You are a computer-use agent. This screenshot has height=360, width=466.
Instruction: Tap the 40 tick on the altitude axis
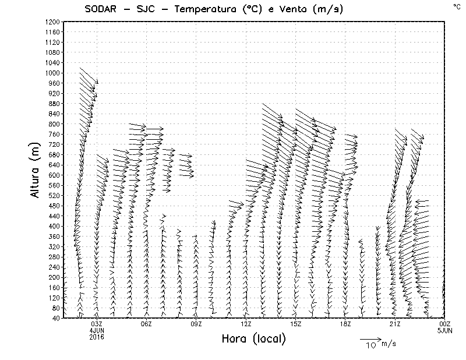[x=55, y=318]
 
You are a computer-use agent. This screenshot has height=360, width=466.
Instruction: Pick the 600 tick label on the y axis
[x=54, y=175]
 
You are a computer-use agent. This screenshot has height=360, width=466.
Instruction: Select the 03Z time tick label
[x=97, y=324]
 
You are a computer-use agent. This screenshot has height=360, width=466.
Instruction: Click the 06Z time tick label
[x=146, y=324]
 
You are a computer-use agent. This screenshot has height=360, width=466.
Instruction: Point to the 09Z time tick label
[x=196, y=324]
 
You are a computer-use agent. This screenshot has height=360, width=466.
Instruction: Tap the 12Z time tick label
[x=246, y=324]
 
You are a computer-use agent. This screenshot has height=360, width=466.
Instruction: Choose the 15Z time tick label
[x=295, y=324]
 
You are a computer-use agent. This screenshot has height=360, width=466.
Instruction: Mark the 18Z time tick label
[x=345, y=324]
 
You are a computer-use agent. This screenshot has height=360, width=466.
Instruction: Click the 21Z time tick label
[x=395, y=324]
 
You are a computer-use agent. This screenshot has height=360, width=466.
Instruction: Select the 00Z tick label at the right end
[x=444, y=324]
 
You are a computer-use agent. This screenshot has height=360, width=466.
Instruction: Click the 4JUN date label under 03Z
[x=97, y=330]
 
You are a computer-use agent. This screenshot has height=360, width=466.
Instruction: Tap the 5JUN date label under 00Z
[x=444, y=330]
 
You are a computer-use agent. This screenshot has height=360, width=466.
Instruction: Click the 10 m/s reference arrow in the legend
[x=370, y=338]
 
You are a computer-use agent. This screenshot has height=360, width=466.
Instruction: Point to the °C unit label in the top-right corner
[x=456, y=5]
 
